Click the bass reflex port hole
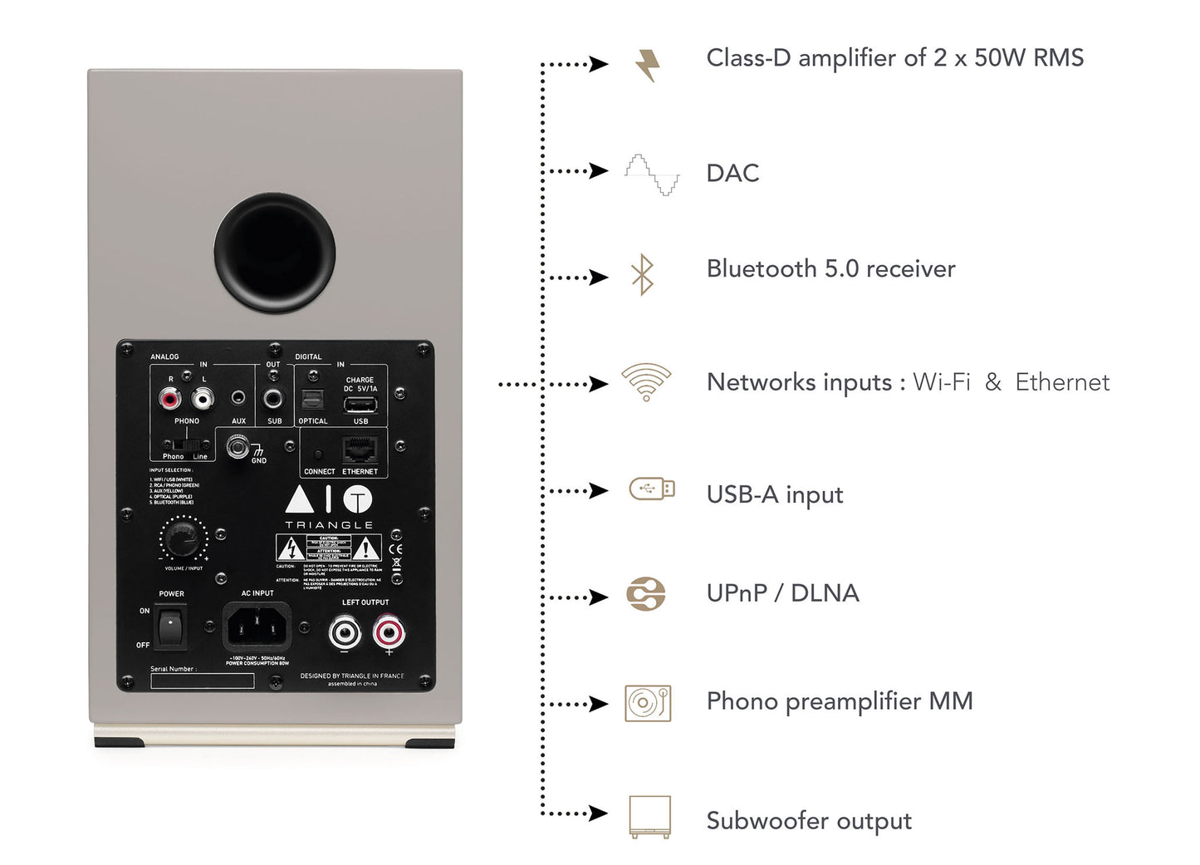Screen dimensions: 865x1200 pos(274,253)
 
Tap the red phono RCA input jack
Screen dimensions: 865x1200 pos(170,400)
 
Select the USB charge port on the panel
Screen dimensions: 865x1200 pos(360,405)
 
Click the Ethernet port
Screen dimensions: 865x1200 pos(360,450)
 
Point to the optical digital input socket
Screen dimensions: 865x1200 pos(312,401)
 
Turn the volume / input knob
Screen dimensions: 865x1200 pos(183,539)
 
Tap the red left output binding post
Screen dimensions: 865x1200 pos(389,633)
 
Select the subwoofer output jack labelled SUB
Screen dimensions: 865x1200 pos(273,399)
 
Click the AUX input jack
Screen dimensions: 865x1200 pos(238,400)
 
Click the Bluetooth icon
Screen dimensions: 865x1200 pos(643,274)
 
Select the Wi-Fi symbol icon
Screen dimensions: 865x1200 pos(646,381)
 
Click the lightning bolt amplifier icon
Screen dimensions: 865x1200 pos(648,64)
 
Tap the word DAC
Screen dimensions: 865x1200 pos(732,173)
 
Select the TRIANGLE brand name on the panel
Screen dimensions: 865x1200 pos(329,525)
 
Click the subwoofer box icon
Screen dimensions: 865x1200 pos(649,817)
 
